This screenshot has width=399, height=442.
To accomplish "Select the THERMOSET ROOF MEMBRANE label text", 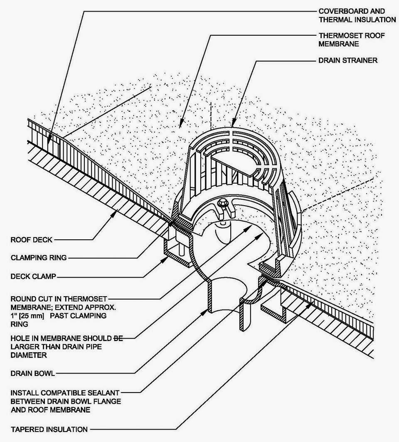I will [351, 39].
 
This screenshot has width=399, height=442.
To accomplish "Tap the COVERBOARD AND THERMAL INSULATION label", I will [357, 15].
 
